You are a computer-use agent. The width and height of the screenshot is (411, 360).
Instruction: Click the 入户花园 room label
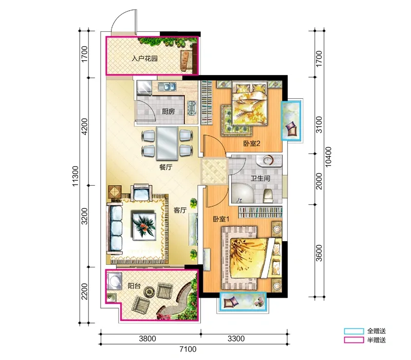(145, 58)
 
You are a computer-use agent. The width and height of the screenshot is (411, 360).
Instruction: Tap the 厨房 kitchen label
(168, 111)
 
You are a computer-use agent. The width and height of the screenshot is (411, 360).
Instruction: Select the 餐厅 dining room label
(165, 167)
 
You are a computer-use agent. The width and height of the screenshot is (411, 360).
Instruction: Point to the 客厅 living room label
(180, 210)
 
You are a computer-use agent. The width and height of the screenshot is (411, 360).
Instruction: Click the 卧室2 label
(252, 143)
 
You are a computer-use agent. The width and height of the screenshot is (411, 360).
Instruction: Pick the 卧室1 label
(221, 219)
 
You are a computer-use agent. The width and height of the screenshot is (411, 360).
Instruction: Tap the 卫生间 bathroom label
(260, 178)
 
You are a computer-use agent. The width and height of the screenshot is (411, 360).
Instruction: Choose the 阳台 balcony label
(134, 286)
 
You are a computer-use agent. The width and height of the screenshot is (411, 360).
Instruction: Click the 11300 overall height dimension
(75, 176)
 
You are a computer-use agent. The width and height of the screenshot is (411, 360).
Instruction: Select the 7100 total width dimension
(188, 349)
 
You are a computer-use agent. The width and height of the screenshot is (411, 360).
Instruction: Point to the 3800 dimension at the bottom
(147, 338)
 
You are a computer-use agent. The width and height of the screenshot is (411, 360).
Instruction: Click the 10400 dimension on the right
(328, 157)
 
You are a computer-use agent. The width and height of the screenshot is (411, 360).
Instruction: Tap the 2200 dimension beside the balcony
(84, 291)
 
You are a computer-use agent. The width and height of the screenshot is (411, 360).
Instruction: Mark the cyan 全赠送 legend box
(354, 331)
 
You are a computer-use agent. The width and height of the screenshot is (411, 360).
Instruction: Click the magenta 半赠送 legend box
(354, 340)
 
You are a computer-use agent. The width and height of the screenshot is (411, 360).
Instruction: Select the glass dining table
(167, 143)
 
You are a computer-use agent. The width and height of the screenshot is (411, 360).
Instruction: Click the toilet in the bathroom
(268, 196)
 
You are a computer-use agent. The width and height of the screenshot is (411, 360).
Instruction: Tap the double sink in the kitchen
(166, 86)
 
